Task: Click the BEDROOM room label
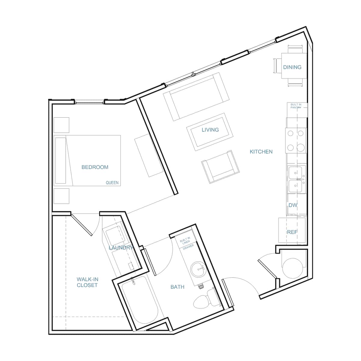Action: point(95,167)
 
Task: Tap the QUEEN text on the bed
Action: point(112,183)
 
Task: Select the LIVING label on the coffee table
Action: point(210,130)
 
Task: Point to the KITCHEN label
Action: point(261,152)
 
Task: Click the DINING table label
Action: point(292,67)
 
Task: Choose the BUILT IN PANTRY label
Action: point(296,106)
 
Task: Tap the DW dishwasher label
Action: point(293,205)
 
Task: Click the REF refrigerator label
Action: point(292,232)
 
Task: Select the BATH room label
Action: point(177,287)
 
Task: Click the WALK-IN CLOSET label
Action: point(87,282)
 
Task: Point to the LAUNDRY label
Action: point(121,248)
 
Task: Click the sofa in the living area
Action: point(196,96)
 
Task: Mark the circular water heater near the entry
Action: point(293,268)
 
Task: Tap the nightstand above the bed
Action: point(61,125)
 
